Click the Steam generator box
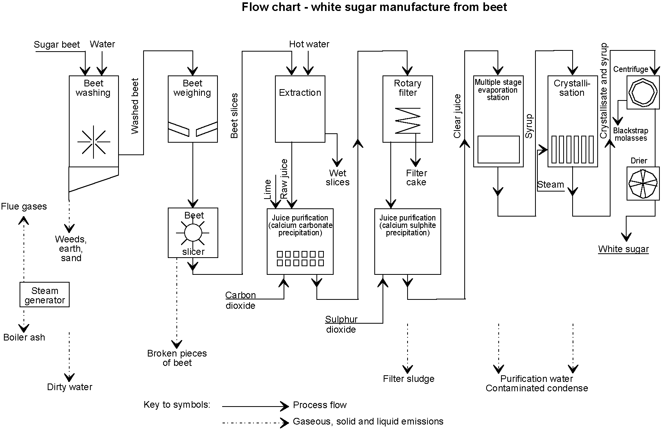tap(45, 295)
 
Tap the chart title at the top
tap(374, 7)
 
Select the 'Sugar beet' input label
tap(57, 45)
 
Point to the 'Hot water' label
tap(309, 44)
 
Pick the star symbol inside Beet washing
tap(94, 142)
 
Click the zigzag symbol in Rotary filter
tap(408, 120)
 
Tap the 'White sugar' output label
tap(623, 249)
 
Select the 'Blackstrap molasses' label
tap(630, 134)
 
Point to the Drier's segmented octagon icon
tap(643, 183)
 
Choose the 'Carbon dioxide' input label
tap(241, 300)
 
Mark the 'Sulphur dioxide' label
tap(341, 324)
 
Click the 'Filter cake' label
tap(416, 177)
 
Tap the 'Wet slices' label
tap(338, 177)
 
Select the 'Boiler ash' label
tap(24, 337)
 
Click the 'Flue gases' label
tap(24, 206)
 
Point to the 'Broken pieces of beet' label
tap(177, 358)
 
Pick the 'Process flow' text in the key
tap(320, 405)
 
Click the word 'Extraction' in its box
tap(300, 93)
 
